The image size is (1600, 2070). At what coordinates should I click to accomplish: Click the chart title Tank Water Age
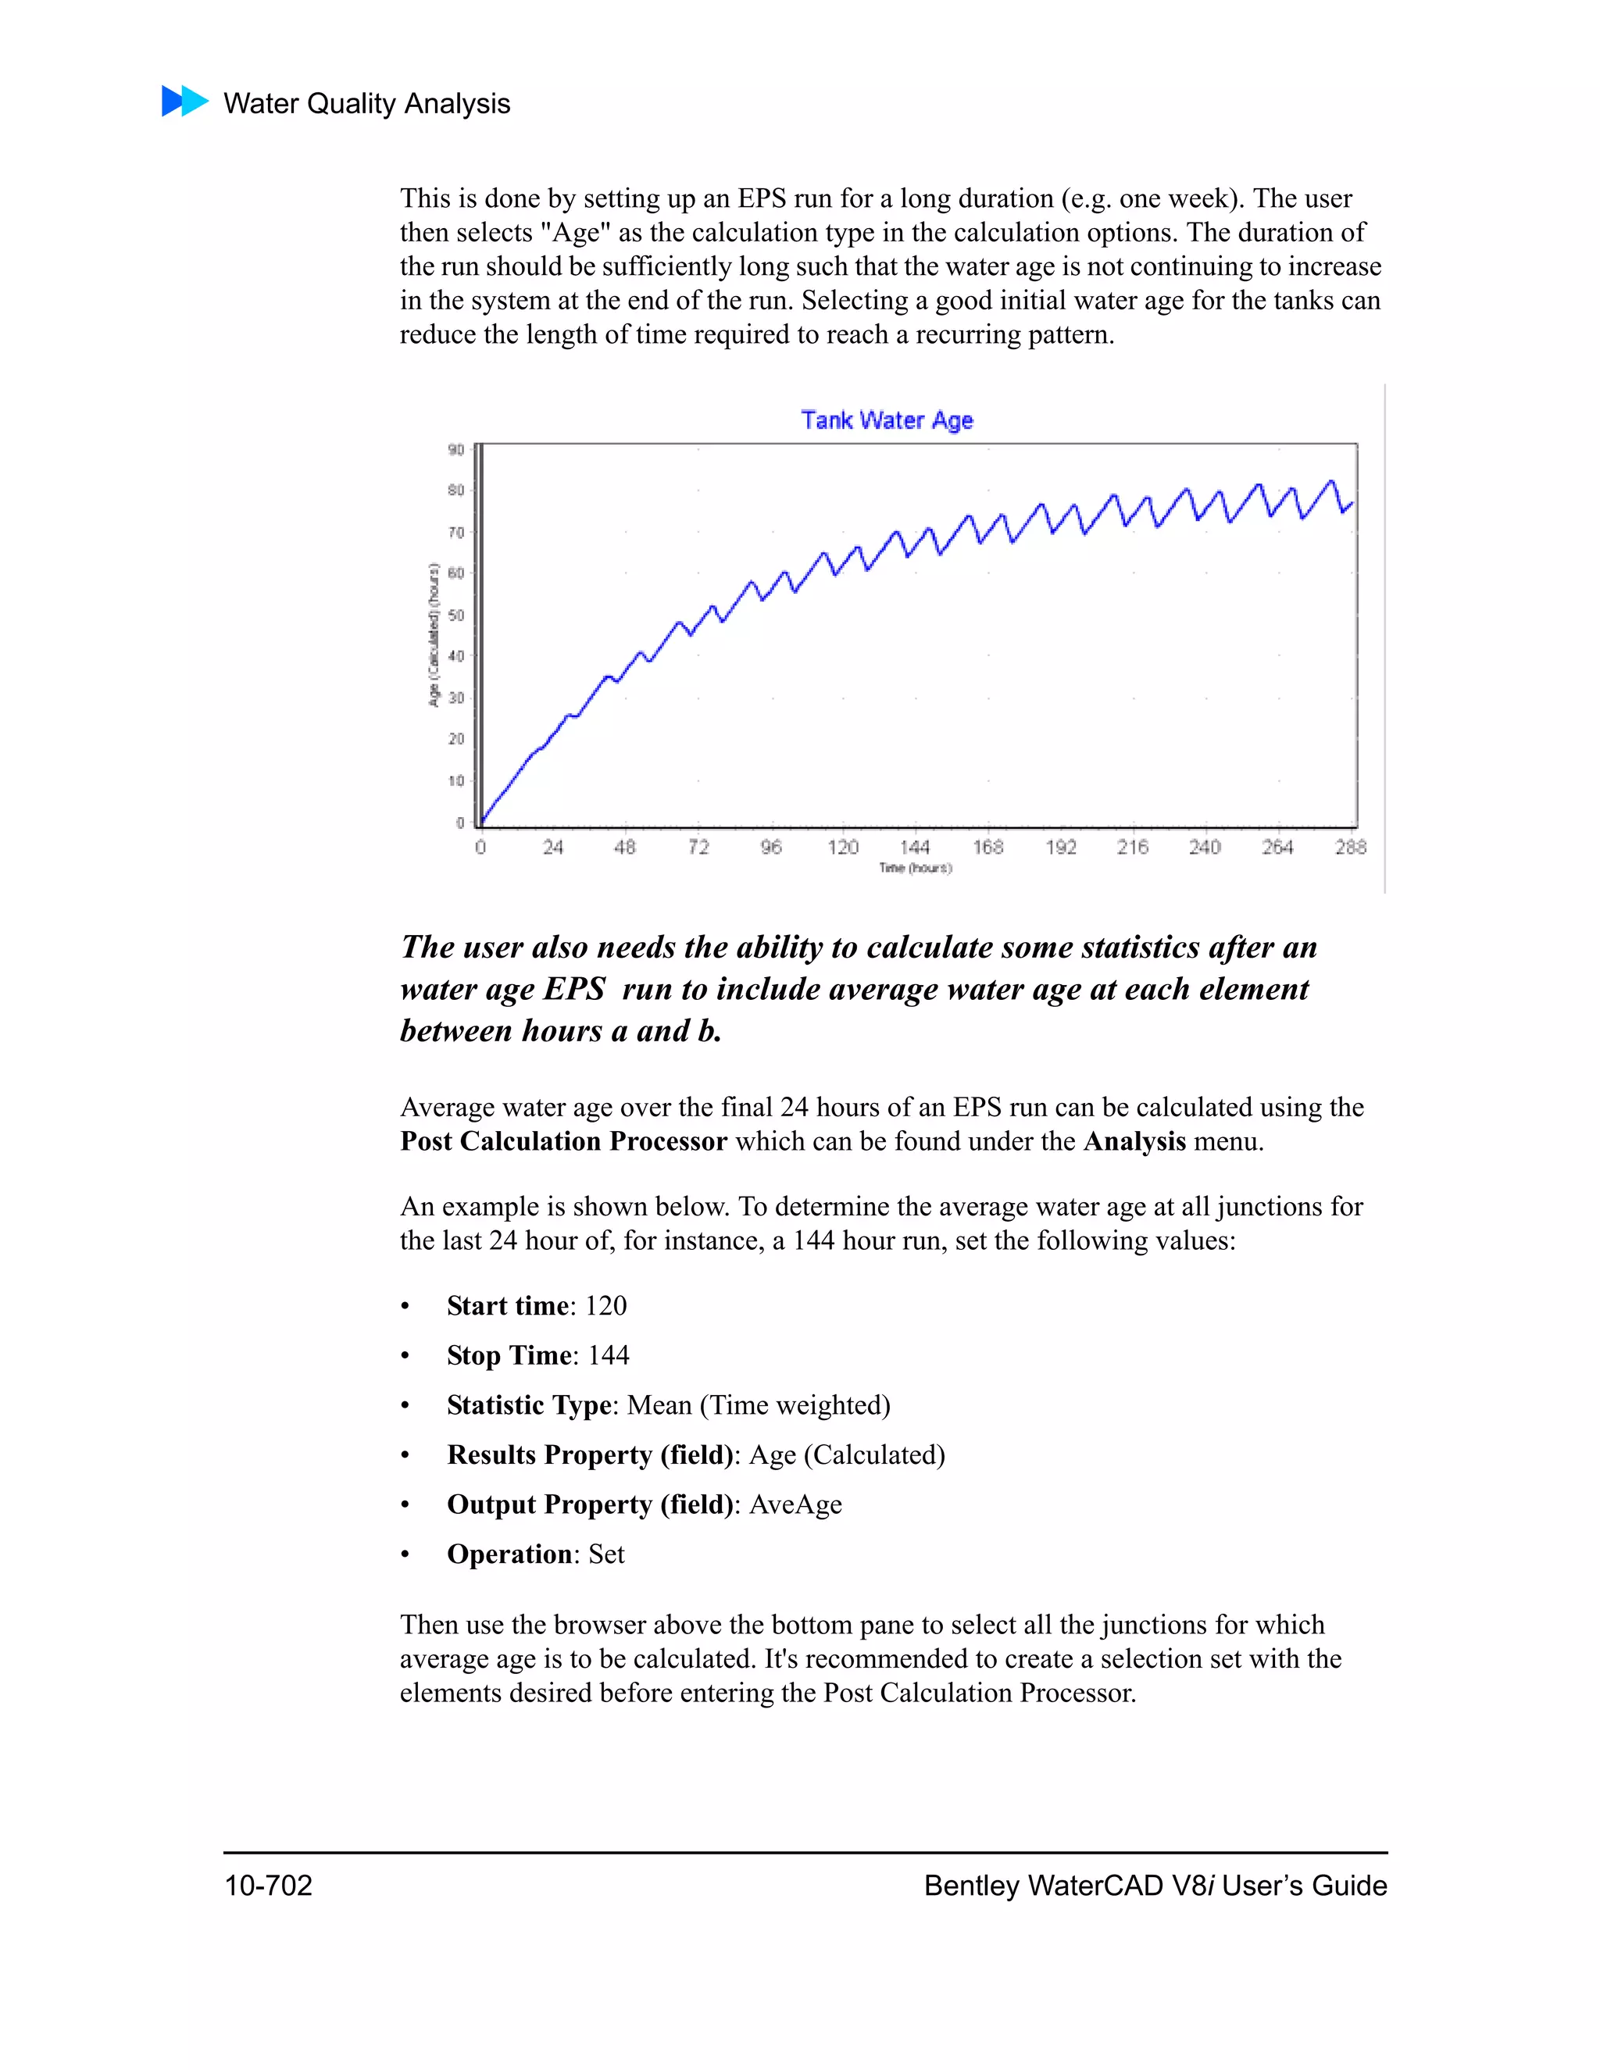point(886,420)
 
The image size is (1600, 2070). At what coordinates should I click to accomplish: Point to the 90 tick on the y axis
point(456,449)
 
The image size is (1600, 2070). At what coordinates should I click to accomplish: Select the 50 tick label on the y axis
point(456,615)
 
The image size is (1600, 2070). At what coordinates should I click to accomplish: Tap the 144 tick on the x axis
point(915,847)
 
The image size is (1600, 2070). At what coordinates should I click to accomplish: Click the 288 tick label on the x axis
point(1351,847)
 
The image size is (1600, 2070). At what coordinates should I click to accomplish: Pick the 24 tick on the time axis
point(552,847)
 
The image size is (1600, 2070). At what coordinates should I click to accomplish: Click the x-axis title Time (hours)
point(915,868)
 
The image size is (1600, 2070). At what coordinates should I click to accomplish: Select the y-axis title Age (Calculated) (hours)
point(433,634)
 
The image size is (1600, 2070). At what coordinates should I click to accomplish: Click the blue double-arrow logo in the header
point(185,102)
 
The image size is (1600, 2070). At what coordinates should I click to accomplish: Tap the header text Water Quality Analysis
point(367,103)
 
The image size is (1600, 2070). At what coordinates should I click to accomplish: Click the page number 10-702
point(268,1885)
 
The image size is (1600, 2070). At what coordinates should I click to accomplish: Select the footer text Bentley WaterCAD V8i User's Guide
point(1155,1885)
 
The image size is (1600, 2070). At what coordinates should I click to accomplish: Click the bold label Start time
point(507,1305)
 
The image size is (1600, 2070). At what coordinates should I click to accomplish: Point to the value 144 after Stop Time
point(608,1355)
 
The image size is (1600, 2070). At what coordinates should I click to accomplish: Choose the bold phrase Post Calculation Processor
point(563,1141)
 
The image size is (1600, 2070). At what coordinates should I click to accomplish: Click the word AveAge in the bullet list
point(795,1504)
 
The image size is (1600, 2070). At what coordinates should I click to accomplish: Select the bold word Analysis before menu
point(1134,1141)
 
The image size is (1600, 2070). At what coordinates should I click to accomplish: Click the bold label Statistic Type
point(529,1404)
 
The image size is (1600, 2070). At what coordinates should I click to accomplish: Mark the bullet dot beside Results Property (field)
point(405,1456)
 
